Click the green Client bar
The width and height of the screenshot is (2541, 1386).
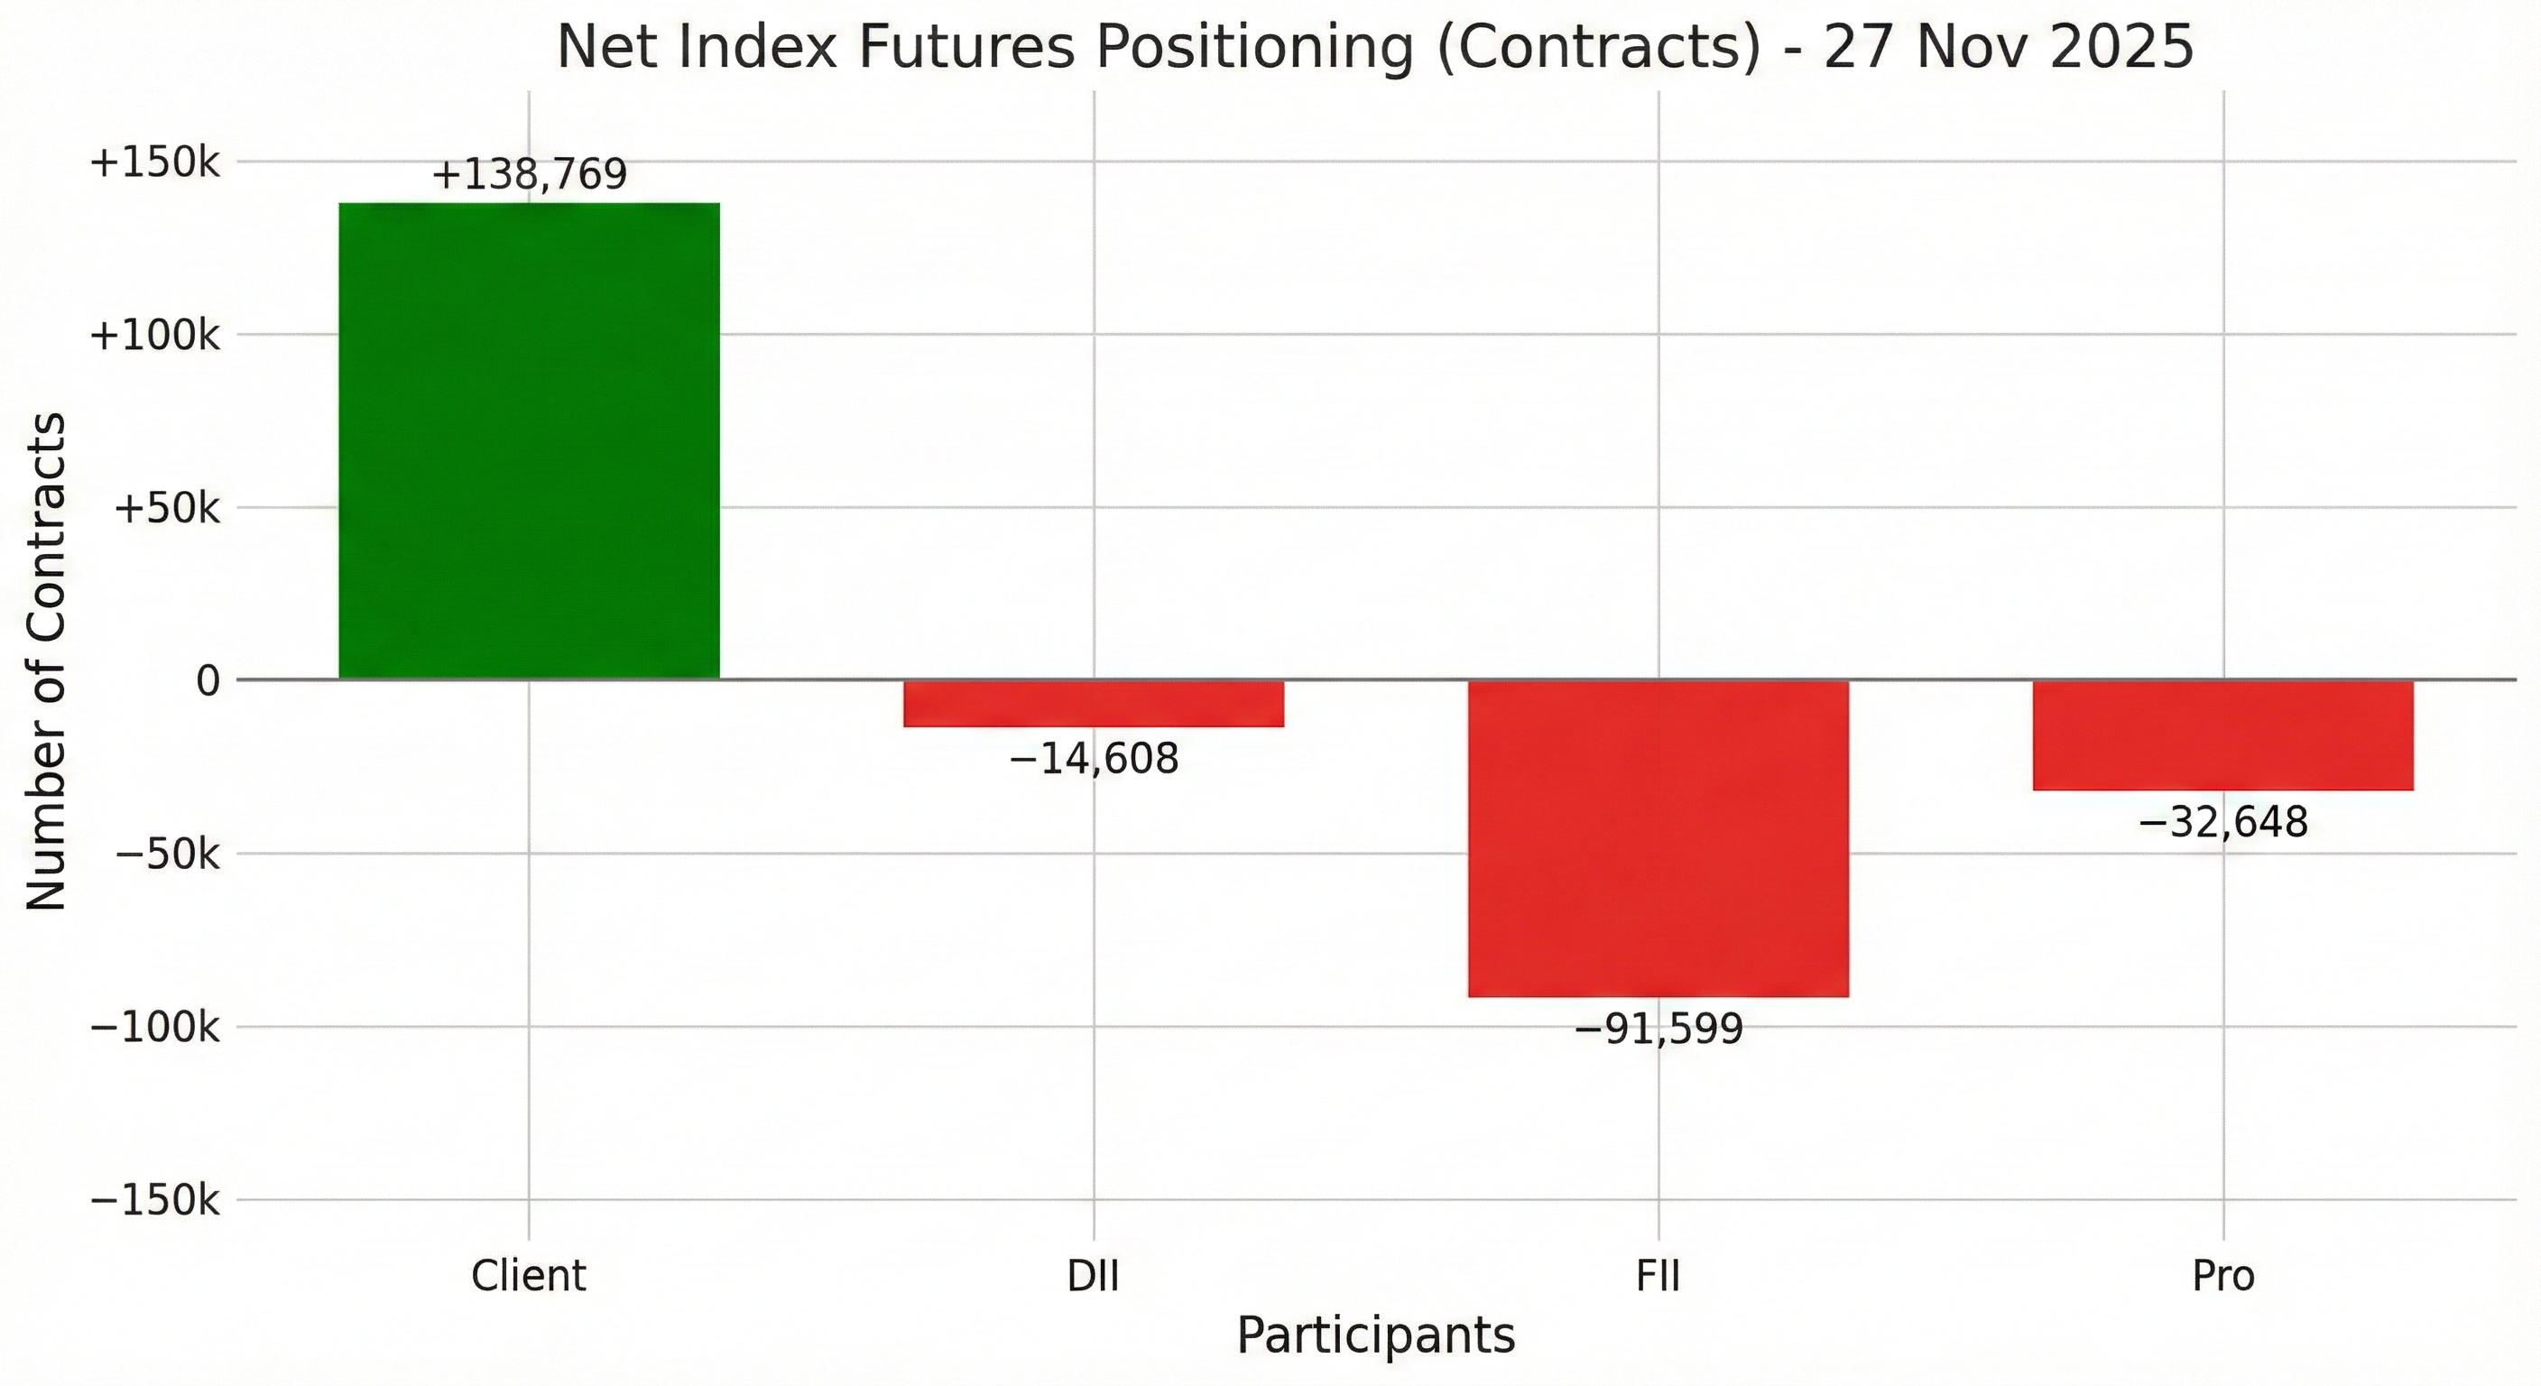pos(529,441)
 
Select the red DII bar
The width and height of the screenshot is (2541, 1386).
pos(1093,703)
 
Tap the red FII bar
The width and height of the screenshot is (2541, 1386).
pos(1658,838)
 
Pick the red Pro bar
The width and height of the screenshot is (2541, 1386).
pos(2222,735)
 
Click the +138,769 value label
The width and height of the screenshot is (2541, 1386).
pos(530,175)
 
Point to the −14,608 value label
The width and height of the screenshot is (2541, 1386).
pos(1093,760)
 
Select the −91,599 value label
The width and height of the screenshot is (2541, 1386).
pos(1659,1030)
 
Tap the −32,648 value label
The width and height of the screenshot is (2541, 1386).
pos(2222,823)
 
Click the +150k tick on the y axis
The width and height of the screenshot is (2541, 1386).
pos(155,162)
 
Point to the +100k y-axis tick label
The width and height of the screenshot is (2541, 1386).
pos(155,336)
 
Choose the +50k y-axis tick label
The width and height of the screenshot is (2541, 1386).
pos(167,509)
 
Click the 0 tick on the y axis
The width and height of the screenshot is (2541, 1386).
pos(208,680)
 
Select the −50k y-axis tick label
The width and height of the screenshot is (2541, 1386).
pos(167,855)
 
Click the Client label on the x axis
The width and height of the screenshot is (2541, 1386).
pos(529,1277)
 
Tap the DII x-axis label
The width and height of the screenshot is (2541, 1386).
pos(1093,1277)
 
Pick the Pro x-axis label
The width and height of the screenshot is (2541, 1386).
pos(2222,1277)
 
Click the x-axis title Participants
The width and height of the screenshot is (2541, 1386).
pos(1375,1336)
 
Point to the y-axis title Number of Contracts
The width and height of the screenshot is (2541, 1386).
pos(46,661)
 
